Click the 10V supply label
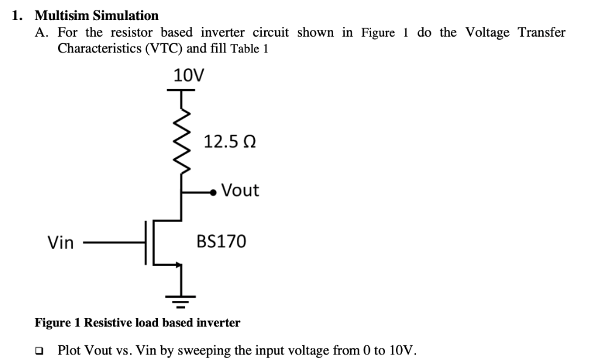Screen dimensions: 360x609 pos(189,75)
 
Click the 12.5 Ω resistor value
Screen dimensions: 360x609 pos(229,142)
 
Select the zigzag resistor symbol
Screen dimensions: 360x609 pos(181,140)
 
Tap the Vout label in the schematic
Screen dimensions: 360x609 pos(240,190)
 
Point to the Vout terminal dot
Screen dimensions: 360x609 pos(213,192)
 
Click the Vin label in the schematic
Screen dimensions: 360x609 pos(60,243)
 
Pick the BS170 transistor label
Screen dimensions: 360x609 pos(221,242)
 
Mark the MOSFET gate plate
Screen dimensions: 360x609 pos(146,243)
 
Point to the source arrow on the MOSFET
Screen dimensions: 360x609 pos(178,264)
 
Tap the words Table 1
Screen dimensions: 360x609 pos(249,49)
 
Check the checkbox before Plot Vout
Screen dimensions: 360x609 pos(40,351)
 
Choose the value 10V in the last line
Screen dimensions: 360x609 pos(402,351)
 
